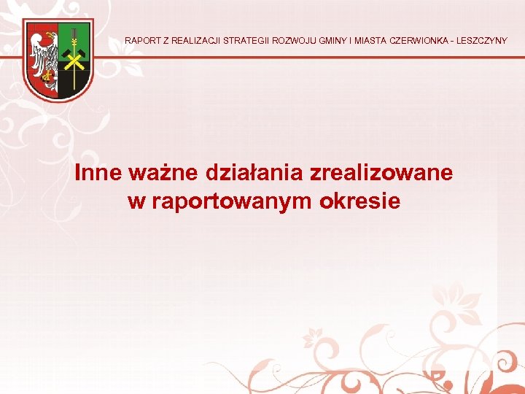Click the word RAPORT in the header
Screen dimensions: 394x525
(141, 41)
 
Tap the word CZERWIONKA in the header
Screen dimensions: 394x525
(419, 41)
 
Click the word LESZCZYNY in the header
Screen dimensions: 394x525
(483, 41)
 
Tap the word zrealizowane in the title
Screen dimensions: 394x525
(381, 173)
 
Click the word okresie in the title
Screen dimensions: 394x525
(360, 201)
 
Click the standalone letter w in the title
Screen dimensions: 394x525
(136, 201)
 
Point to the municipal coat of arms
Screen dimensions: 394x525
(58, 60)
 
